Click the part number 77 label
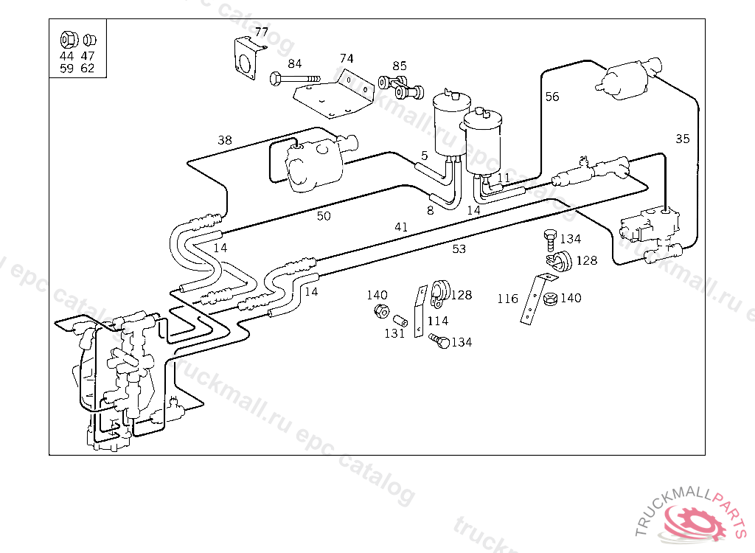[x=262, y=32]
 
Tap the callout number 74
[x=347, y=58]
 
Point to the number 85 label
[x=399, y=66]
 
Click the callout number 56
[x=552, y=97]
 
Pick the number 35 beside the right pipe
[x=683, y=138]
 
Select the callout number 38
[x=225, y=139]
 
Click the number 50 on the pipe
[x=324, y=216]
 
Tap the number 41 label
[x=400, y=227]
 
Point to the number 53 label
[x=459, y=249]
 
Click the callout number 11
[x=504, y=178]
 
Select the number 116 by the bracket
[x=507, y=299]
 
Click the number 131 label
[x=394, y=333]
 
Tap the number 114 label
[x=437, y=321]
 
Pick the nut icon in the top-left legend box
[x=68, y=38]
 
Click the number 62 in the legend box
[x=87, y=69]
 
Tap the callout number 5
[x=425, y=156]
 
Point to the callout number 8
[x=430, y=209]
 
